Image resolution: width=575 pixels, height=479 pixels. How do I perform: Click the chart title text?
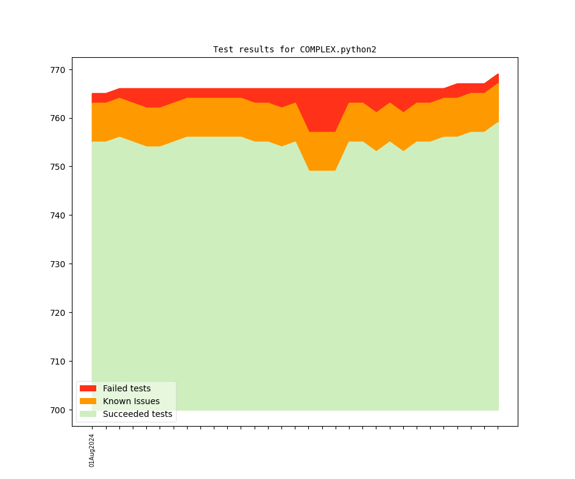294,49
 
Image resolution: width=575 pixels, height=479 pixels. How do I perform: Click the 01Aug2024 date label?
92,450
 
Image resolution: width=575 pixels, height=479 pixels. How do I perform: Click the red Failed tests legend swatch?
88,388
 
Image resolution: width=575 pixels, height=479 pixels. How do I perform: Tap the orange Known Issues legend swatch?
88,401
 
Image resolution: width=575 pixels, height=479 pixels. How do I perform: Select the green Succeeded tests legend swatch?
88,414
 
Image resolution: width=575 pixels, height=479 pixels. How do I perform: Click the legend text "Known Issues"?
131,401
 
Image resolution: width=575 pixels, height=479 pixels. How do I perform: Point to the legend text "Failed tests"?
127,388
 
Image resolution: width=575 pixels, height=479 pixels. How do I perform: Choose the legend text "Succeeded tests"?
138,414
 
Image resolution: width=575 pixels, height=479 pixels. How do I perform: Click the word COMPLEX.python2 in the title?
338,49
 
